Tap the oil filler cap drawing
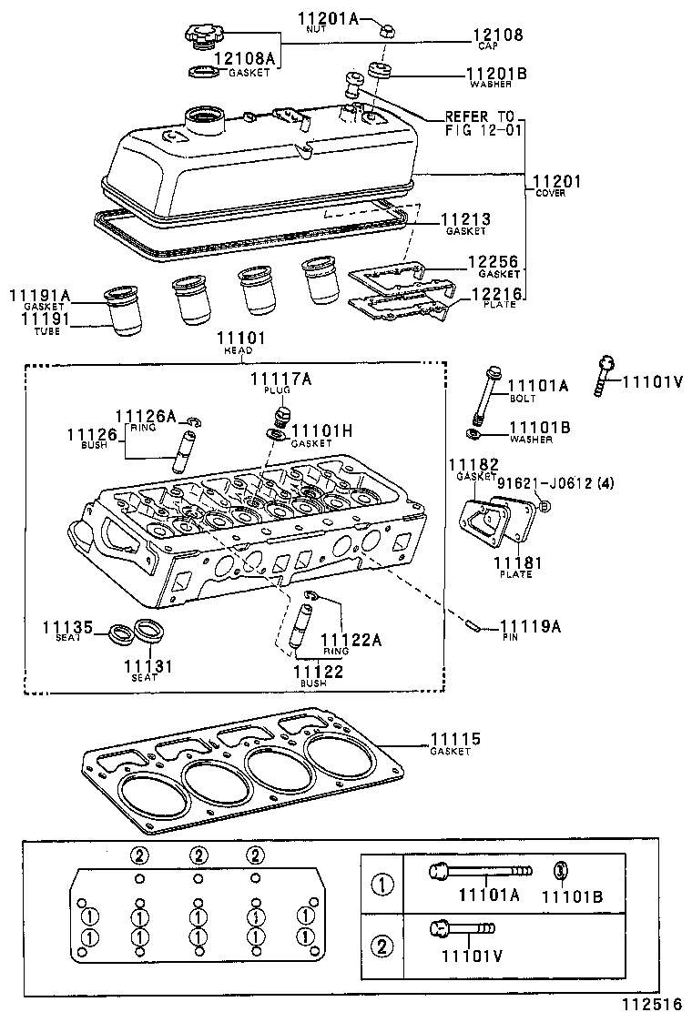[x=201, y=37]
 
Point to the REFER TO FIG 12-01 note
[x=479, y=124]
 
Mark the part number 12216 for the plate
[x=496, y=294]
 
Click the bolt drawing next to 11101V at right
[x=605, y=374]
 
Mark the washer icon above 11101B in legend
[x=562, y=871]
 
